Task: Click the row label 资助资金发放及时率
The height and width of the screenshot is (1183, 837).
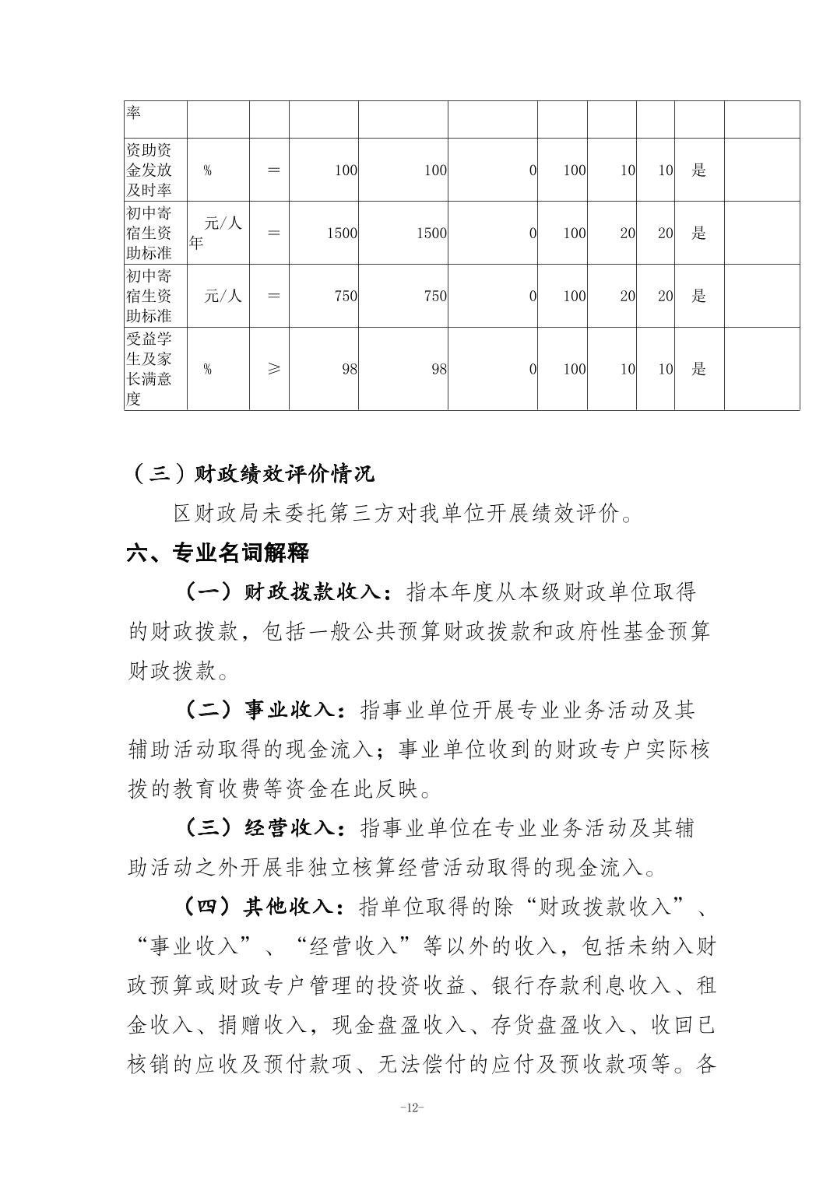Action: [x=149, y=170]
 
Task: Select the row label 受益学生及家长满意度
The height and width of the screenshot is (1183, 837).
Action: [x=149, y=369]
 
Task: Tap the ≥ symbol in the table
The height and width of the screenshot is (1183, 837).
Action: [x=273, y=369]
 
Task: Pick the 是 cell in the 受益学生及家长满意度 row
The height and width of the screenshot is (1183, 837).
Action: [x=698, y=369]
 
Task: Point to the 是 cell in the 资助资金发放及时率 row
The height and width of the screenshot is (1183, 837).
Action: [x=698, y=170]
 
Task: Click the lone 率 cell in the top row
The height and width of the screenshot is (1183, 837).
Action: [x=134, y=112]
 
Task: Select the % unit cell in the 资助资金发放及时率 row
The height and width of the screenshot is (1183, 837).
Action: [x=207, y=170]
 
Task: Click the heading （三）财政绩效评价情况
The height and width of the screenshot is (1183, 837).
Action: [x=251, y=473]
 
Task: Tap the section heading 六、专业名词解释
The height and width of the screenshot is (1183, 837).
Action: [x=218, y=553]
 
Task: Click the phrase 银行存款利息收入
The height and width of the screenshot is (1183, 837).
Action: [x=581, y=985]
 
